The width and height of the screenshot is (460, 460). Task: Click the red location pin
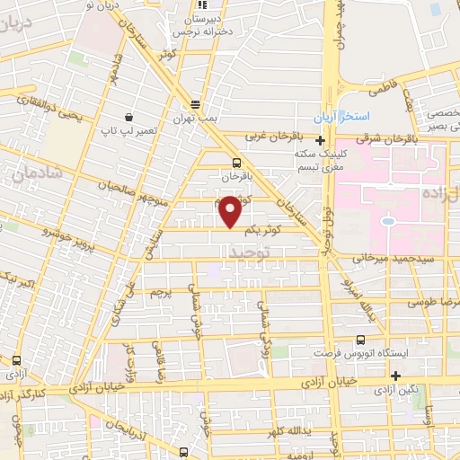(x=231, y=212)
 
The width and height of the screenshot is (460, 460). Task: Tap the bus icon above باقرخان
(x=235, y=163)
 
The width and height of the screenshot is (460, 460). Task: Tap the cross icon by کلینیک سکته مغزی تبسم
(x=321, y=139)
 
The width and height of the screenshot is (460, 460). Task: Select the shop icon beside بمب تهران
(x=196, y=102)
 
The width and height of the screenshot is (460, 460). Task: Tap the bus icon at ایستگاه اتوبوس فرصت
(x=360, y=340)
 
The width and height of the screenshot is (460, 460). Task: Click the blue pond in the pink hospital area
(x=388, y=220)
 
